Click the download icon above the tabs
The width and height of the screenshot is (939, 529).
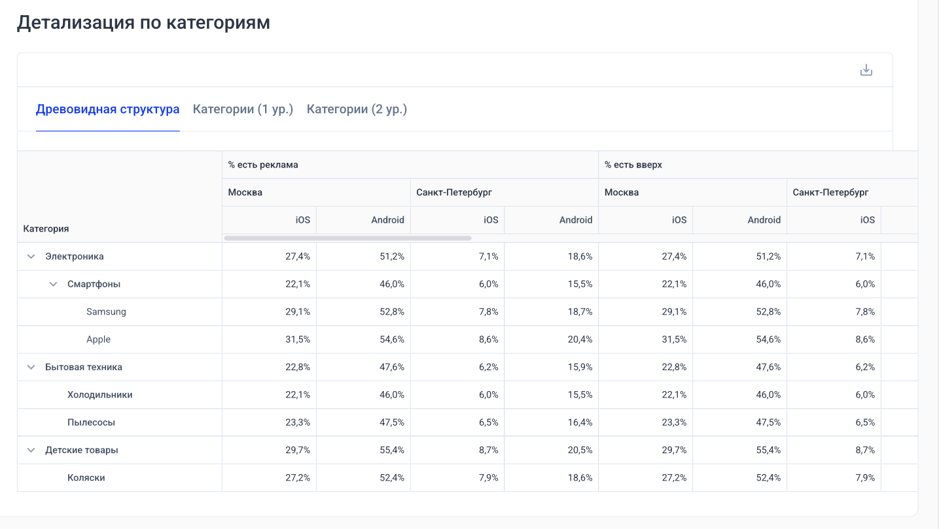[866, 70]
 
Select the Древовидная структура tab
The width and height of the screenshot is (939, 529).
[107, 109]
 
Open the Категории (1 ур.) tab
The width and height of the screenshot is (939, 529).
[243, 109]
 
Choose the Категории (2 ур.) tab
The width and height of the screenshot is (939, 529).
[357, 109]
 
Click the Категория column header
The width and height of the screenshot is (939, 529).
[46, 229]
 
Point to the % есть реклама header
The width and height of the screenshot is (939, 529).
[263, 165]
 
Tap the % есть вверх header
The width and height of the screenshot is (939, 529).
[633, 165]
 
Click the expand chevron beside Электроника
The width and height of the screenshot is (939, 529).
[31, 256]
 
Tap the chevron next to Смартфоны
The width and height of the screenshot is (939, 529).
[53, 284]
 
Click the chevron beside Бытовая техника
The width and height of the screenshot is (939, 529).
[31, 367]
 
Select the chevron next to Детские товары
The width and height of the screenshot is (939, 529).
[31, 450]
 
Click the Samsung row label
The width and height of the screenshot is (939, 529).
[106, 312]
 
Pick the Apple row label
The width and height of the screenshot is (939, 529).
[98, 339]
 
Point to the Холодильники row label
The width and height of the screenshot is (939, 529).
[100, 395]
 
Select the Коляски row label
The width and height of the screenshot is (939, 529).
[86, 478]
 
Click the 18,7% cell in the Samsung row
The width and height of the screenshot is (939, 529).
[580, 312]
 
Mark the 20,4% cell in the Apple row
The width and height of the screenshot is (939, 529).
[580, 339]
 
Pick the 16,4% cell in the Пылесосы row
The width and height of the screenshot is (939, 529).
[580, 422]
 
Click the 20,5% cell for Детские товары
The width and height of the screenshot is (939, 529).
[580, 450]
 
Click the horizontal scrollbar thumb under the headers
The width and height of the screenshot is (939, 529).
[347, 238]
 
